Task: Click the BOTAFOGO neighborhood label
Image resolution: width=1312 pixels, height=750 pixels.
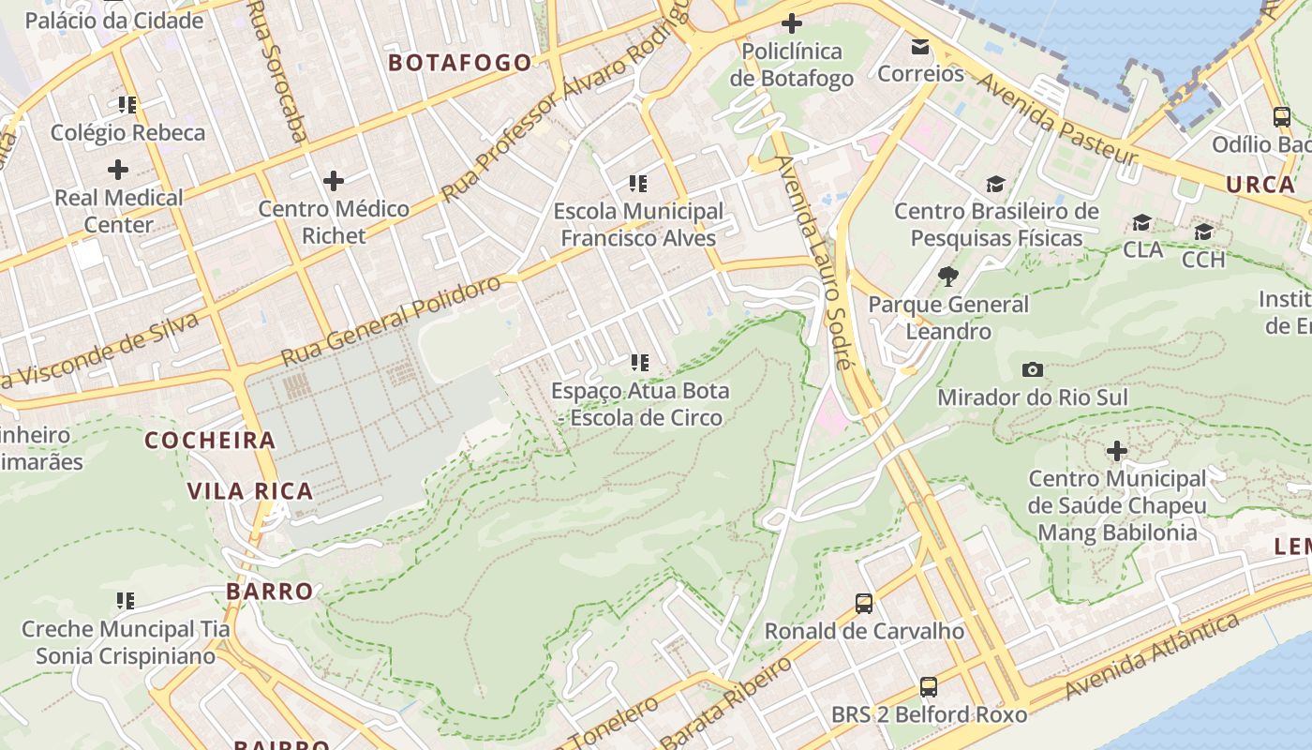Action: tap(459, 63)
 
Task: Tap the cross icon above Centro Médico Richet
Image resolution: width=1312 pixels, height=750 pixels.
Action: tap(334, 180)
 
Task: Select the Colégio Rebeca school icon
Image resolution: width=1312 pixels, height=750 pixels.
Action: tap(127, 104)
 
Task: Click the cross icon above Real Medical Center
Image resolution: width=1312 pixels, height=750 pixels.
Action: tap(118, 170)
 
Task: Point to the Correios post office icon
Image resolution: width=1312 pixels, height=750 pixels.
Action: tap(920, 46)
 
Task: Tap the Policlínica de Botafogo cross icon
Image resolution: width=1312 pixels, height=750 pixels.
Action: tap(792, 22)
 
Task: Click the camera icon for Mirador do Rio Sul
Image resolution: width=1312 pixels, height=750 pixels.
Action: tap(1033, 369)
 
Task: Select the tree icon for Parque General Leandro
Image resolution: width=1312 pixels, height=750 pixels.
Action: tap(948, 276)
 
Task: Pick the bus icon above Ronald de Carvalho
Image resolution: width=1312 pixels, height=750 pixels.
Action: tap(864, 603)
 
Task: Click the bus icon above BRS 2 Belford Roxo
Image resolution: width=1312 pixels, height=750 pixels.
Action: tap(929, 686)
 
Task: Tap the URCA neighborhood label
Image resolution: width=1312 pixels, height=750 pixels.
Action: tap(1260, 185)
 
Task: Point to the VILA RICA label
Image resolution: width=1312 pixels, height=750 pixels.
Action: tap(249, 491)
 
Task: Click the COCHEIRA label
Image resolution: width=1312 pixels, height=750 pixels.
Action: tap(210, 441)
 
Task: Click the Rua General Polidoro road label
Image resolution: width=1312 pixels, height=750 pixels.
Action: tap(392, 321)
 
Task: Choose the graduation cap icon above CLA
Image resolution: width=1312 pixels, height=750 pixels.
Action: tap(1141, 222)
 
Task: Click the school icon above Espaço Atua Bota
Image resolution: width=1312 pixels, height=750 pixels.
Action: tap(640, 362)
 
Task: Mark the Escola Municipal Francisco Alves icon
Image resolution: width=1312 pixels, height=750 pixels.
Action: tap(638, 183)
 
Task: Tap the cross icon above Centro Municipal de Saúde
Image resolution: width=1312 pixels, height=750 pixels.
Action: tap(1117, 451)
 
